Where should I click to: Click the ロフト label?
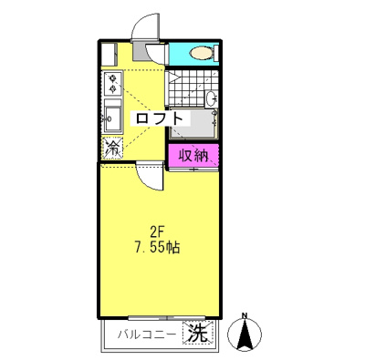pyautogui.click(x=161, y=118)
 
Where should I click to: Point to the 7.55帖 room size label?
pyautogui.click(x=156, y=248)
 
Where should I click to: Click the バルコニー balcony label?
pyautogui.click(x=147, y=334)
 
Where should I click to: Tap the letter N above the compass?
pyautogui.click(x=245, y=317)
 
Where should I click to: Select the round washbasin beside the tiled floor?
pyautogui.click(x=212, y=98)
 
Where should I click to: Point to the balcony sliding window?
pyautogui.click(x=161, y=319)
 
